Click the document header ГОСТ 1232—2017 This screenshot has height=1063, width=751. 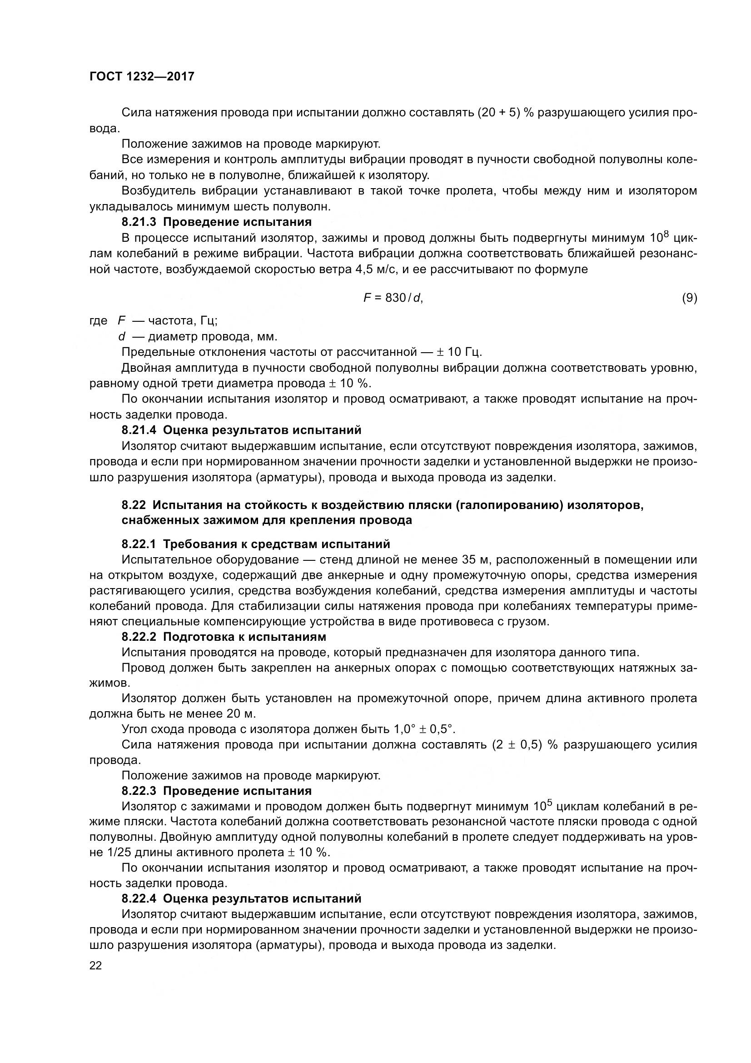click(142, 77)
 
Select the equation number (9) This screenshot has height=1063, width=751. click(689, 298)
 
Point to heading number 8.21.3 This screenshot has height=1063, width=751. click(140, 222)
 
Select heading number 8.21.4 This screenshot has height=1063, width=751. click(140, 430)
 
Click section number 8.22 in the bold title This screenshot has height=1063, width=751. click(134, 504)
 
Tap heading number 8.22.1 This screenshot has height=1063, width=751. click(140, 544)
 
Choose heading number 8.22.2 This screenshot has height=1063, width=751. click(140, 637)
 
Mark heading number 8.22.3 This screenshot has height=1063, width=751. click(140, 791)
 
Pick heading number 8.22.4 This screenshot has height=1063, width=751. click(140, 898)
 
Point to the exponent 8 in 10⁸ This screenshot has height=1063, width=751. click(666, 234)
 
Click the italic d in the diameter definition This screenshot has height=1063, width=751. click(122, 337)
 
